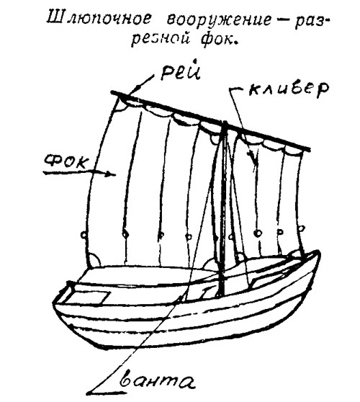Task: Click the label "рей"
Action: (x=180, y=70)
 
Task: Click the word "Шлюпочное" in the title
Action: (x=99, y=19)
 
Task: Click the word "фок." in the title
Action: (x=219, y=39)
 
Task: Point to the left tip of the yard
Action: (x=112, y=92)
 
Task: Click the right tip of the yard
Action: (x=310, y=149)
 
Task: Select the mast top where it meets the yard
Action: (x=225, y=123)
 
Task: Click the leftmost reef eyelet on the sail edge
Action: (x=84, y=234)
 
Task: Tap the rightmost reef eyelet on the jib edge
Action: (x=302, y=228)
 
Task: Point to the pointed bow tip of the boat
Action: (x=318, y=253)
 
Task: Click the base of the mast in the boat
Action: (x=222, y=294)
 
